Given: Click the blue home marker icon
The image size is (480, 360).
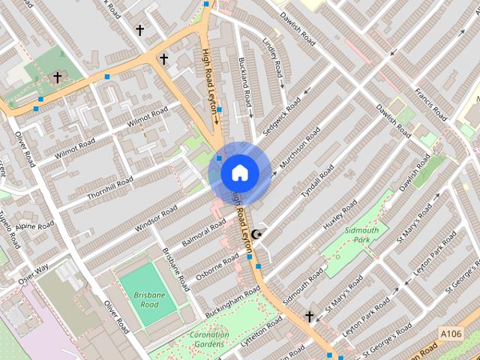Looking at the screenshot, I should pyautogui.click(x=239, y=173).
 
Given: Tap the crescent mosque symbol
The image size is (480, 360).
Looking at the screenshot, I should pyautogui.click(x=257, y=235).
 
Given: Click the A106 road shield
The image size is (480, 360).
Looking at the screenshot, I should pyautogui.click(x=451, y=334).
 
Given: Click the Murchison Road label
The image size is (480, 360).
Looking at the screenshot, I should pyautogui.click(x=298, y=148).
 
